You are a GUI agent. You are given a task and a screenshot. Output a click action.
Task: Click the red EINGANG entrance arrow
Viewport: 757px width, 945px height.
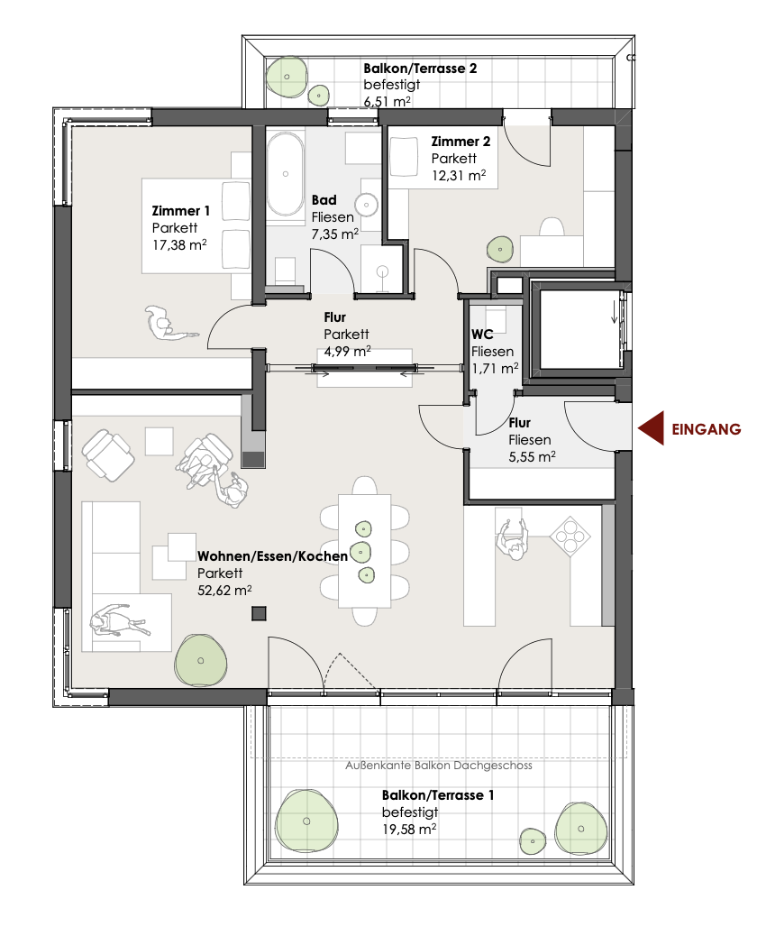(652, 429)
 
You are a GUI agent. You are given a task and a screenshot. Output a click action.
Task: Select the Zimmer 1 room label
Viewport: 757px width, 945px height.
(181, 212)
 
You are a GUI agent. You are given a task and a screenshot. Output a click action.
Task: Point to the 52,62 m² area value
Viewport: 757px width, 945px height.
(224, 590)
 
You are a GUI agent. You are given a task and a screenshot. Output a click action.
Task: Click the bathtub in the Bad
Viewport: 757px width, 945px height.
(287, 176)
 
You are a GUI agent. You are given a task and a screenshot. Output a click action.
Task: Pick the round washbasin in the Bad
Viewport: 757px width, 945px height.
(369, 205)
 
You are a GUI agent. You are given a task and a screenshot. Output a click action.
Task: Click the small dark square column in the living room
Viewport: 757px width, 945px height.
(259, 614)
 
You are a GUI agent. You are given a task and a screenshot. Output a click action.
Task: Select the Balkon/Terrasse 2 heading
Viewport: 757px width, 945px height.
(420, 69)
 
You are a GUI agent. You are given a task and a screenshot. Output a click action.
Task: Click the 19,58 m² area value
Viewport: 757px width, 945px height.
(409, 828)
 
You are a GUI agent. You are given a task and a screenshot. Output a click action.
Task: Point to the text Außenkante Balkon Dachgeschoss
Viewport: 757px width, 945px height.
(439, 766)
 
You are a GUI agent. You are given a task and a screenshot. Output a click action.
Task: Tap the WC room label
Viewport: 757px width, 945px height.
(481, 335)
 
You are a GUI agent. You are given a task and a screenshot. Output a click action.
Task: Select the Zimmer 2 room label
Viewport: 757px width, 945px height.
(461, 142)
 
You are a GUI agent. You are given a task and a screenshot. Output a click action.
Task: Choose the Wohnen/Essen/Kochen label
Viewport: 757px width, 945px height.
(272, 556)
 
